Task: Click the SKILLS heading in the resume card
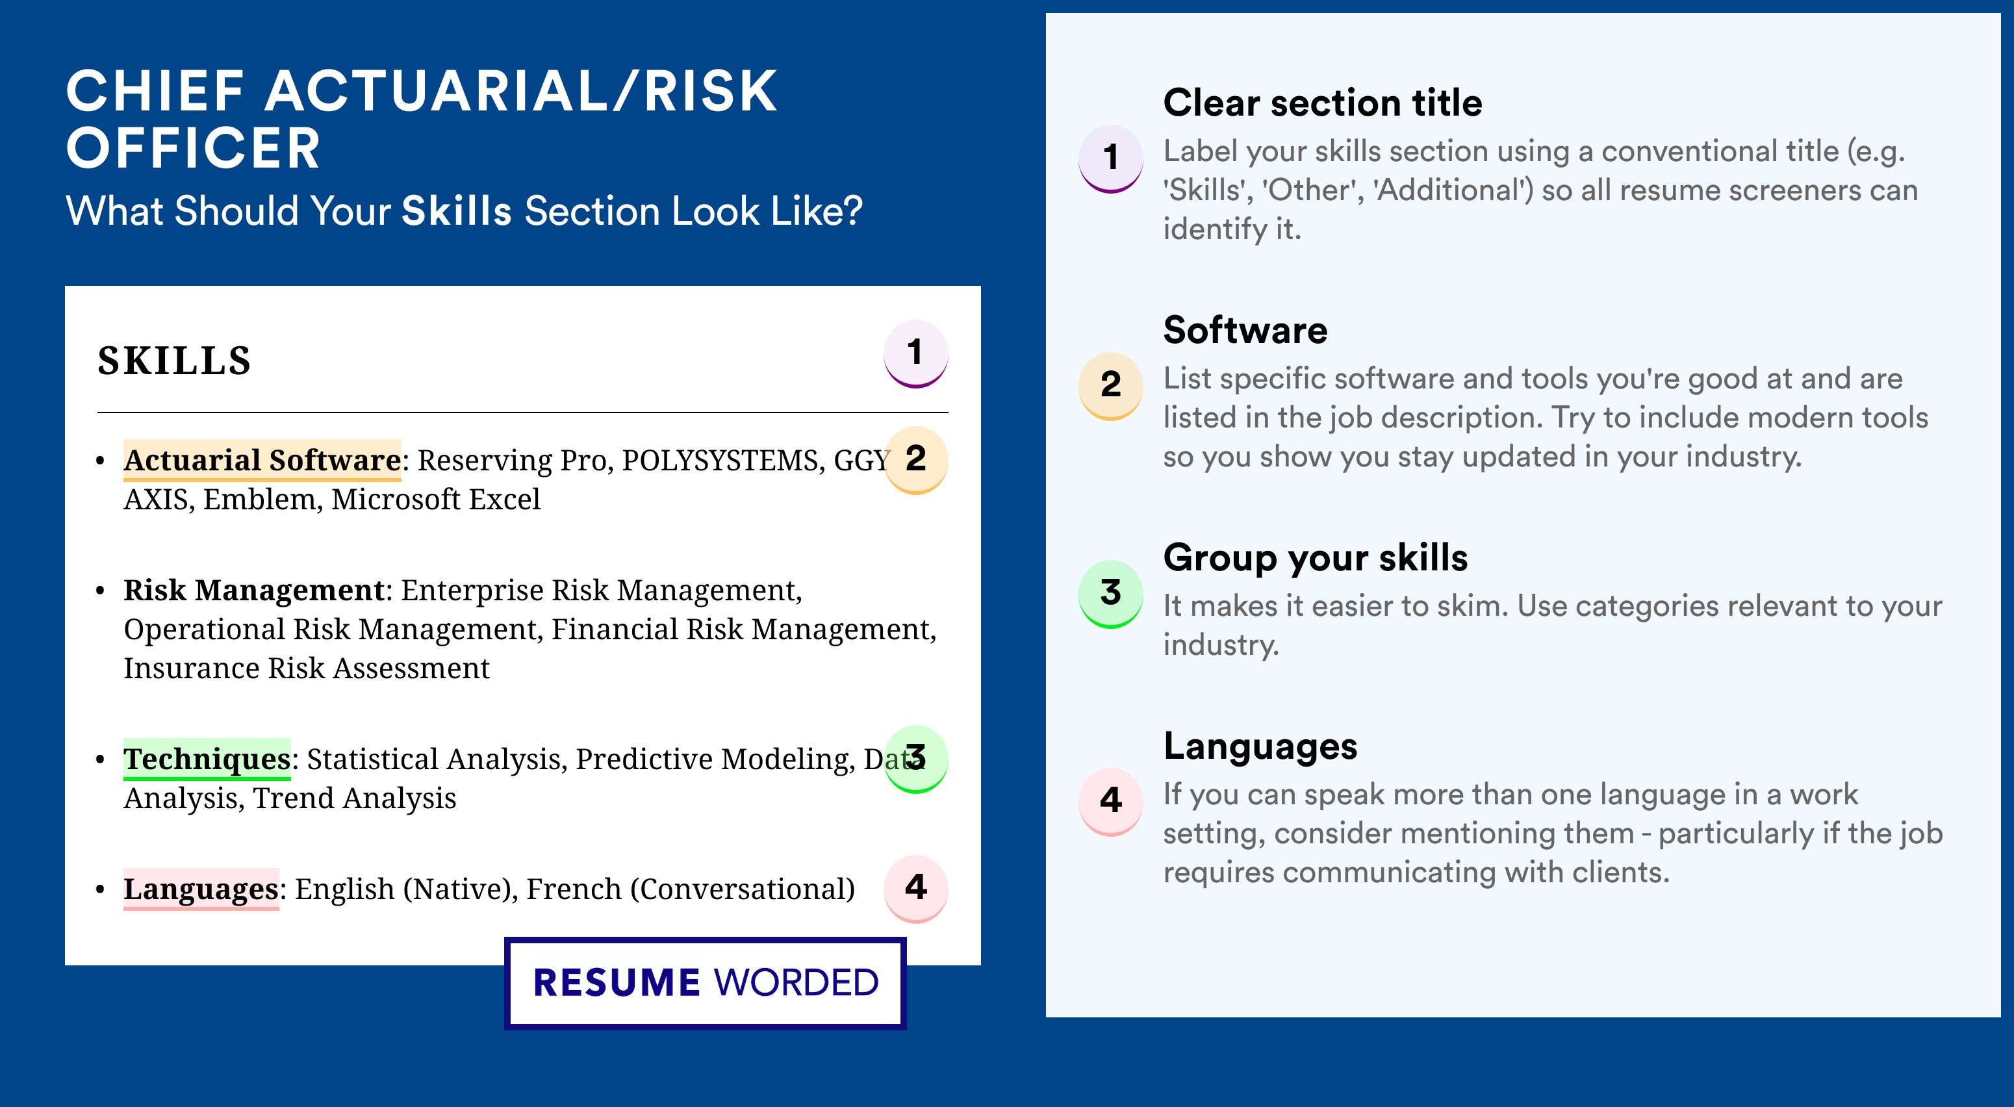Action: point(173,361)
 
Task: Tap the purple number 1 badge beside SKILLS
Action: point(915,353)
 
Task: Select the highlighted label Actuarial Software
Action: point(262,461)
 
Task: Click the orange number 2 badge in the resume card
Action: point(915,460)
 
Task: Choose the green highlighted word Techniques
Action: point(207,759)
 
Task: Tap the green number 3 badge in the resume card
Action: point(915,759)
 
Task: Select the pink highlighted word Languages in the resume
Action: point(201,889)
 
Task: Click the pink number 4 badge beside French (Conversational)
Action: point(915,889)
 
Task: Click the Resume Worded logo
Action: point(705,983)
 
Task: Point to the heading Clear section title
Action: point(1322,103)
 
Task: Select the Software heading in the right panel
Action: point(1245,330)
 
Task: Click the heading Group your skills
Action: point(1316,558)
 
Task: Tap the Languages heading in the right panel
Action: point(1260,746)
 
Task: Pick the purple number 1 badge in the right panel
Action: point(1111,159)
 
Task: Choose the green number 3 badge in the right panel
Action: point(1111,593)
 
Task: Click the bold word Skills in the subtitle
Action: point(457,211)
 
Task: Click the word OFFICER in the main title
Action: point(193,149)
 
